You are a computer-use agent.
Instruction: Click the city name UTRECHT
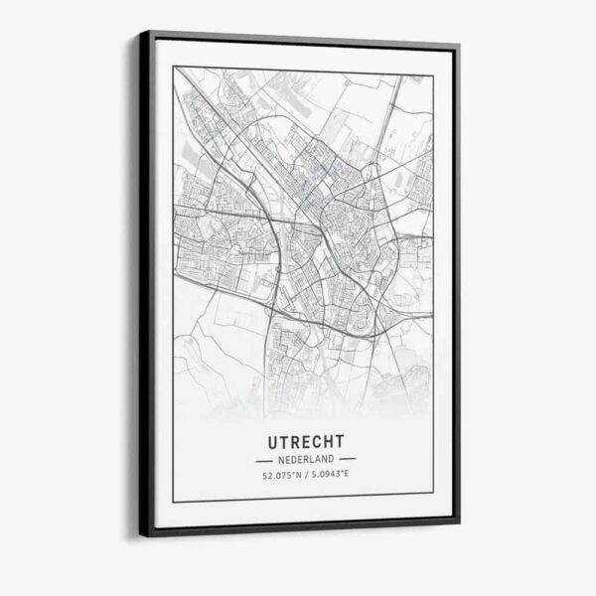tap(305, 438)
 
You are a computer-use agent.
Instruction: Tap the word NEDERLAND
tap(305, 460)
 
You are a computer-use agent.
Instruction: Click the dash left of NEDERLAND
tap(262, 460)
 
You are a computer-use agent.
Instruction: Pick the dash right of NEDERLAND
tap(348, 460)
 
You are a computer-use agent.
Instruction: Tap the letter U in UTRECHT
tap(270, 438)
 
